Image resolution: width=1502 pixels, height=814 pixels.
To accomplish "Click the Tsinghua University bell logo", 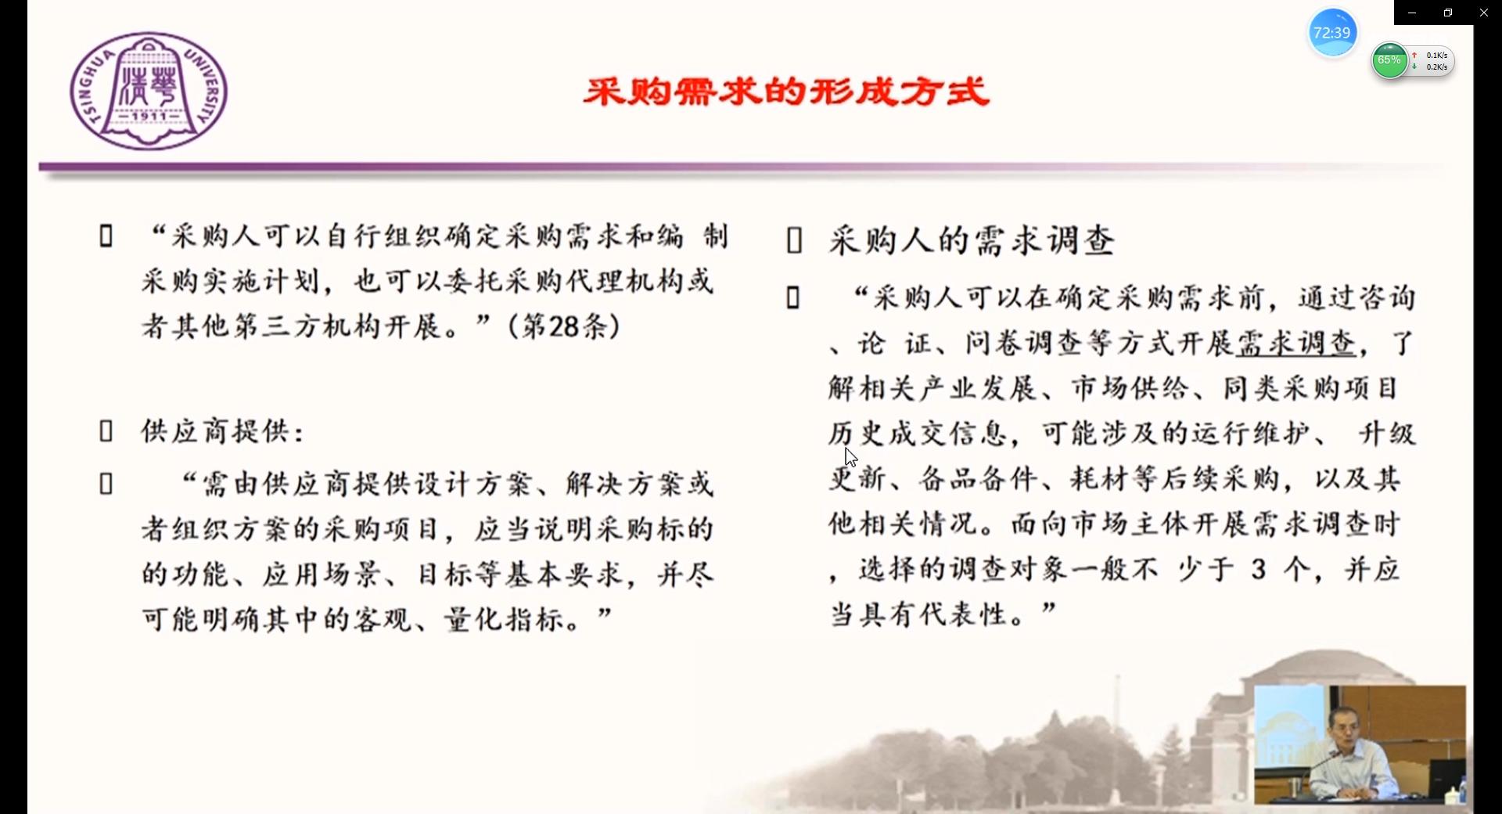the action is tap(149, 91).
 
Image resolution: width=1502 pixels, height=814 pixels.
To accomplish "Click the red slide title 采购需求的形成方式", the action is tap(786, 92).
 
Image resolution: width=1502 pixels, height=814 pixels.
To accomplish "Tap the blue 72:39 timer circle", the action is tap(1332, 33).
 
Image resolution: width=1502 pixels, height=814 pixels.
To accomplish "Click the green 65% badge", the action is tap(1389, 60).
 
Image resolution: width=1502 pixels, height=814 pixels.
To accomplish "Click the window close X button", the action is tap(1483, 13).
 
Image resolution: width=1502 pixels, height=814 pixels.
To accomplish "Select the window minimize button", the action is tap(1412, 13).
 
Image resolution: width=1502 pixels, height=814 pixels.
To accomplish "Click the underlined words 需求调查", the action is tap(1296, 343).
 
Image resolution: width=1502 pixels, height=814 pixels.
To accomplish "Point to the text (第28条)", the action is tap(564, 326).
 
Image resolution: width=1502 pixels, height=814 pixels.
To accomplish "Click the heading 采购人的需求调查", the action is tap(972, 240).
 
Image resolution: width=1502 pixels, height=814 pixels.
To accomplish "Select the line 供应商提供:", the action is tap(223, 431).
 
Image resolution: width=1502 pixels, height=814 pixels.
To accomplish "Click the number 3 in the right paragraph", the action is tap(1258, 569).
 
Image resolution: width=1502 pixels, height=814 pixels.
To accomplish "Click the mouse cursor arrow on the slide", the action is tap(850, 456).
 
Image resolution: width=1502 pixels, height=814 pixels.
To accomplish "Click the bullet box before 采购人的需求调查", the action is tap(794, 241).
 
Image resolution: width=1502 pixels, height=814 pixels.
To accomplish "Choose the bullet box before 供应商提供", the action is tap(106, 431).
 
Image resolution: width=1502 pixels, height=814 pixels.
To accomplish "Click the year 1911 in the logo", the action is tap(149, 117).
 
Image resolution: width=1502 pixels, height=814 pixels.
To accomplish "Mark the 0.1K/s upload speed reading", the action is tap(1436, 56).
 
